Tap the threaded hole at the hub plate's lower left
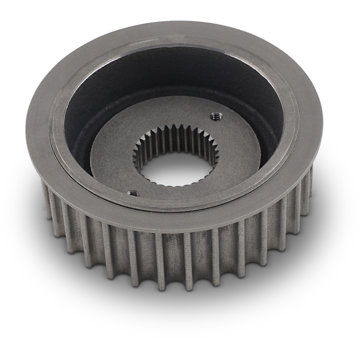coord(134,193)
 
